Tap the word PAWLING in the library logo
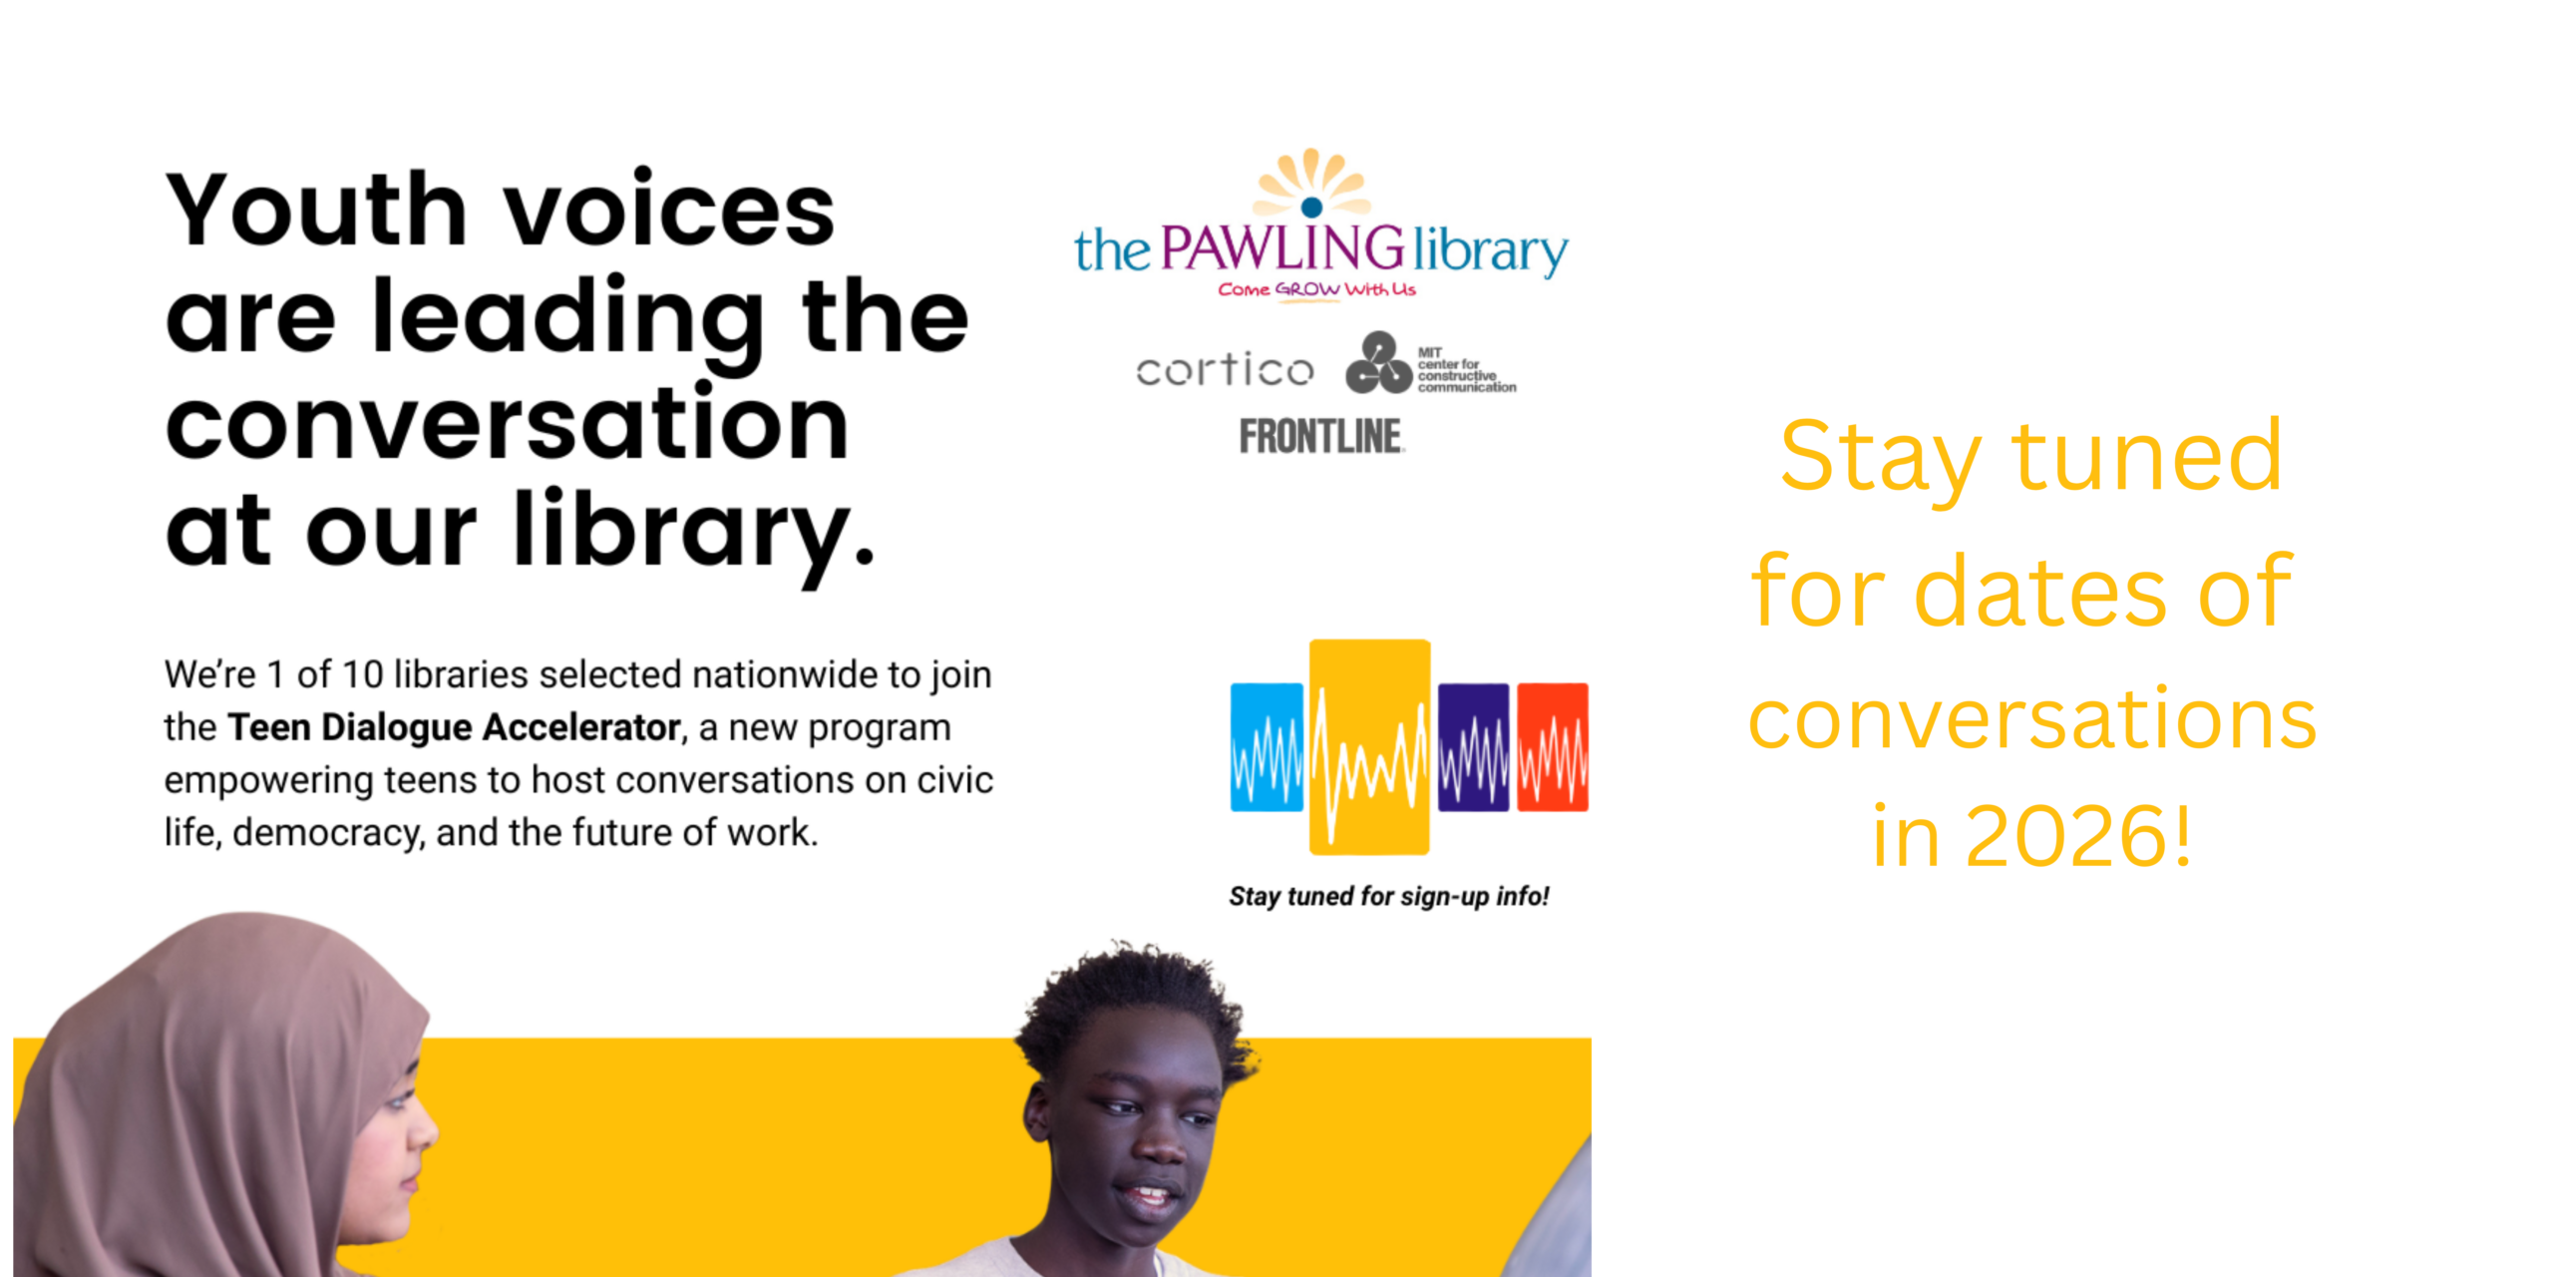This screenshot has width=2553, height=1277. [1283, 247]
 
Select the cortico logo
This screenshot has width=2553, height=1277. [1226, 369]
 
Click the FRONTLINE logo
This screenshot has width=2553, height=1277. [1321, 436]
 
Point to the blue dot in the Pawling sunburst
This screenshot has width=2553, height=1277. [1312, 207]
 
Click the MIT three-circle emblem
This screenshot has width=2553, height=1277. [1378, 363]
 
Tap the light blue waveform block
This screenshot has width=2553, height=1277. [1267, 746]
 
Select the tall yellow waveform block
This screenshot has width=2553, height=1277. [1369, 746]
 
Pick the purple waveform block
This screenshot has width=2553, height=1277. [1473, 746]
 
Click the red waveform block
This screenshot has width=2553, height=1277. [1553, 746]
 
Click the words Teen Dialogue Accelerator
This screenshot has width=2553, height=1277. [454, 727]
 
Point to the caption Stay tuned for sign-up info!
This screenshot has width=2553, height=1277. [1389, 896]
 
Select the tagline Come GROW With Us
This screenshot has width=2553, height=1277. [1316, 289]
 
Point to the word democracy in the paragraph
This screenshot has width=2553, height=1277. [327, 832]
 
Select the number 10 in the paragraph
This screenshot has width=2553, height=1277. [362, 674]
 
